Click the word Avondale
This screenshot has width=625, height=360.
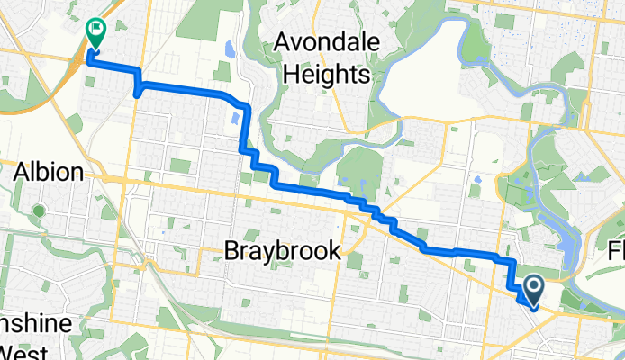(323, 41)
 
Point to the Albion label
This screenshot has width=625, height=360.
(50, 172)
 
